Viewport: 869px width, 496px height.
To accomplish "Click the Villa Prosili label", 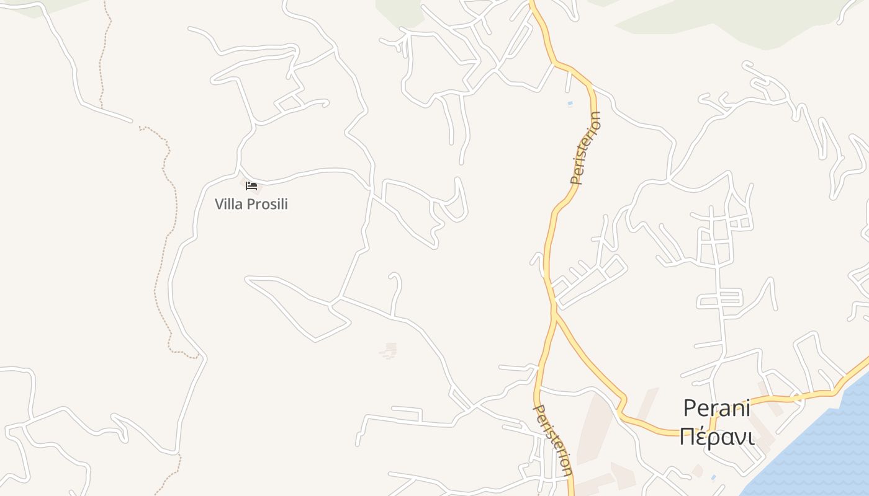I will [x=251, y=204].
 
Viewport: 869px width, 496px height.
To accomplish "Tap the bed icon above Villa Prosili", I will [x=251, y=185].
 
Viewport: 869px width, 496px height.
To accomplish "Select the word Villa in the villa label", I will [x=228, y=204].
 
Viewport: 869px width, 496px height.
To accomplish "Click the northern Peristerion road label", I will [x=587, y=148].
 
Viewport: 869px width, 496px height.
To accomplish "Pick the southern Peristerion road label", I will [x=553, y=440].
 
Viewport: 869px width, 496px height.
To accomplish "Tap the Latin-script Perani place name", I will [x=717, y=408].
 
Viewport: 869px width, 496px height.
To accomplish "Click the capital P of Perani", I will [x=690, y=408].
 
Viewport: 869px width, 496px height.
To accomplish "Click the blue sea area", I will [x=819, y=446].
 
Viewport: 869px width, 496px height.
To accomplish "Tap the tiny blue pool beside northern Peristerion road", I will [x=570, y=104].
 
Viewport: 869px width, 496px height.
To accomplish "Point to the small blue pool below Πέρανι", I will [x=713, y=477].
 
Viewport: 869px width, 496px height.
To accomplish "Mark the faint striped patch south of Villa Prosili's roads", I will [x=389, y=352].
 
